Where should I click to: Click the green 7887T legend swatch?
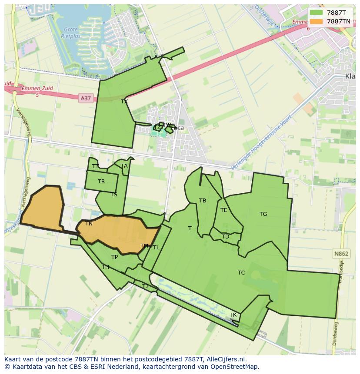coord(316,13)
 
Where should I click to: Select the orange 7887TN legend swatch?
coord(316,21)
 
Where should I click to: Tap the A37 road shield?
coord(86,98)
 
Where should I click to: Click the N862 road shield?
coord(341,254)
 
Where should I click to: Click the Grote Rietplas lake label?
coord(70,33)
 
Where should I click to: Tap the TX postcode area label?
coord(124,102)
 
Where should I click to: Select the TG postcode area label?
coord(263,214)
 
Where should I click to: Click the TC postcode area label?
coord(241,273)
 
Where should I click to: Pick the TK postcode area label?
coord(233,315)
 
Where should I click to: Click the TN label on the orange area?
coord(89,224)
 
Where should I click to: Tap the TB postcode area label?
coord(203,201)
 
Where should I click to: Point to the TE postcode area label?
coord(224,210)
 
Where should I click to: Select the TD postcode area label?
coord(225,237)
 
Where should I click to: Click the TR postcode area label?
coord(101,182)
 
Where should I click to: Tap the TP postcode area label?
coord(114,257)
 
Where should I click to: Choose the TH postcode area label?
coord(105,267)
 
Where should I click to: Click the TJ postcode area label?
coord(145,286)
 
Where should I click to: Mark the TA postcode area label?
coord(124,166)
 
